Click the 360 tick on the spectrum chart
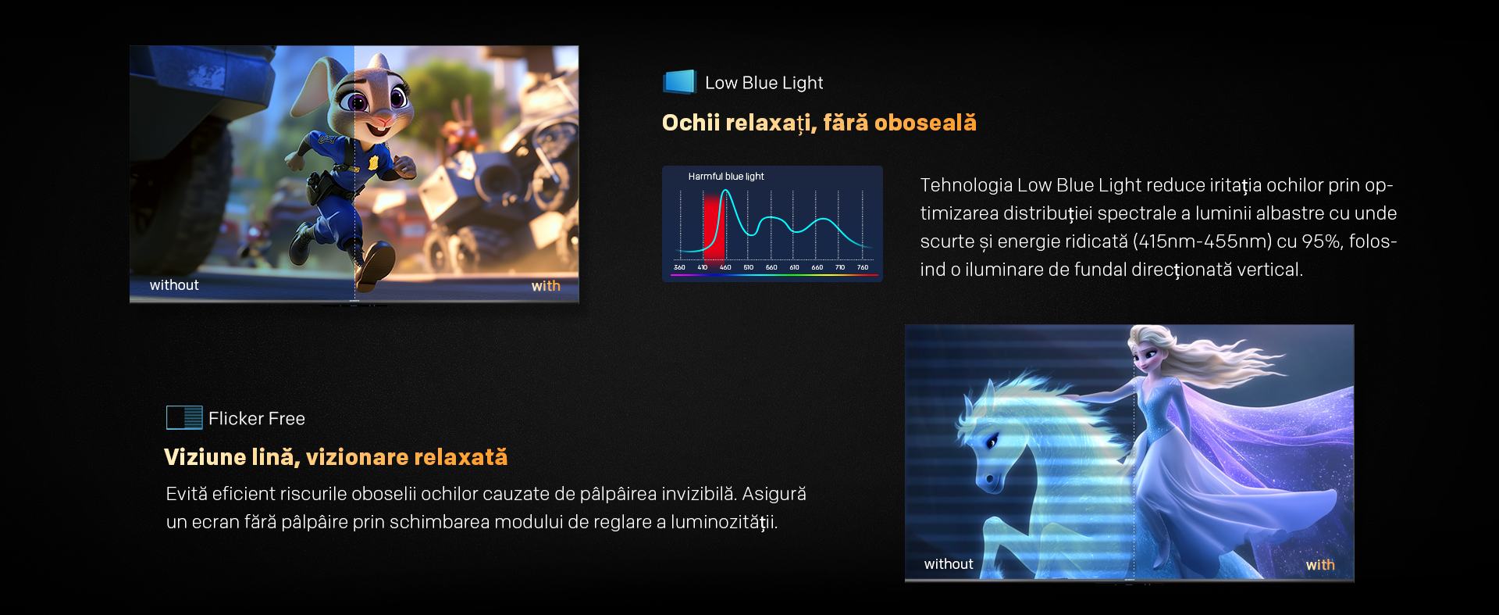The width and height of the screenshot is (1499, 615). click(x=679, y=267)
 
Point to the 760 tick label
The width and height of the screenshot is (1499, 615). click(x=863, y=267)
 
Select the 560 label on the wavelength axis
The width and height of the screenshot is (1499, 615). click(x=771, y=267)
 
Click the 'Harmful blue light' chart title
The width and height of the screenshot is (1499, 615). click(x=726, y=177)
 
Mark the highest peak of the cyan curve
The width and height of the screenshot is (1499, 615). click(x=725, y=191)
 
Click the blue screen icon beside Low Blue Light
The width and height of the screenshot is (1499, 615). click(x=679, y=82)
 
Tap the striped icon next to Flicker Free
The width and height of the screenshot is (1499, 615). click(x=184, y=418)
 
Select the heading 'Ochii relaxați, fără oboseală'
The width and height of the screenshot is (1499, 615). click(x=819, y=123)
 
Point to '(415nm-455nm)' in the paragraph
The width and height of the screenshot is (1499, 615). click(x=1202, y=241)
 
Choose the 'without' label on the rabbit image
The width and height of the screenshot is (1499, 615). click(x=174, y=285)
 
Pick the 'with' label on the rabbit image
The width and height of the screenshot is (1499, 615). click(x=546, y=286)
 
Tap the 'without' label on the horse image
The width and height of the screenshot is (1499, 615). click(x=949, y=564)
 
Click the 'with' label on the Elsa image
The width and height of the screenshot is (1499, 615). click(x=1320, y=565)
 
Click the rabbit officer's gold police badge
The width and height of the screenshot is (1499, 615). click(x=373, y=163)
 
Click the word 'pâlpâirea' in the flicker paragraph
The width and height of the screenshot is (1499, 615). click(x=618, y=494)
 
